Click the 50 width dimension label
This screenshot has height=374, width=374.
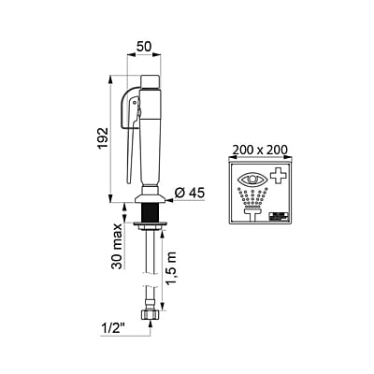(x=144, y=47)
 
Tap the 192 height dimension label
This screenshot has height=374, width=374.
(x=103, y=137)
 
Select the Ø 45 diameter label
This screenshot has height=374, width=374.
(x=190, y=194)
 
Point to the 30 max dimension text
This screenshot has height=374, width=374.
(x=117, y=246)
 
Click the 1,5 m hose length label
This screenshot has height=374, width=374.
(x=171, y=268)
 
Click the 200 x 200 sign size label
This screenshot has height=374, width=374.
(x=260, y=151)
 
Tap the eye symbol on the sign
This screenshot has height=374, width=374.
(x=252, y=179)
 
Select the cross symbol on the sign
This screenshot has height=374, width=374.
(x=278, y=176)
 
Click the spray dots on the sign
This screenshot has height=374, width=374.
(x=252, y=197)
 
